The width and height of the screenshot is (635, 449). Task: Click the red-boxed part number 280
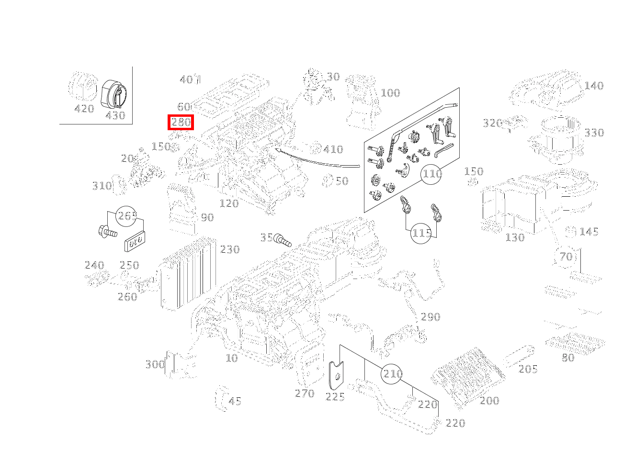pyautogui.click(x=181, y=123)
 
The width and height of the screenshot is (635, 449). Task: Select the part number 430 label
pyautogui.click(x=115, y=115)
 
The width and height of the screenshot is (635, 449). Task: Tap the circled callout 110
pyautogui.click(x=431, y=174)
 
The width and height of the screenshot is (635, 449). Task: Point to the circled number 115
pyautogui.click(x=421, y=233)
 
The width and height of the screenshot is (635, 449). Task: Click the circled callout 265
pyautogui.click(x=127, y=216)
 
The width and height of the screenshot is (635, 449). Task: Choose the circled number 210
pyautogui.click(x=393, y=373)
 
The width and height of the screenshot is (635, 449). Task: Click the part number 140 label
pyautogui.click(x=594, y=86)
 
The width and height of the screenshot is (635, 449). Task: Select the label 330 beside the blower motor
pyautogui.click(x=594, y=133)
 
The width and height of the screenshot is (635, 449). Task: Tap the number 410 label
pyautogui.click(x=333, y=149)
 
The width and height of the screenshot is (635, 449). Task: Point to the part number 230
pyautogui.click(x=229, y=249)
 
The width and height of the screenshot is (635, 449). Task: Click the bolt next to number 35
pyautogui.click(x=283, y=240)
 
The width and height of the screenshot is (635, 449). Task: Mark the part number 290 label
pyautogui.click(x=430, y=317)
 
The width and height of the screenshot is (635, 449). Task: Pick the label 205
pyautogui.click(x=528, y=369)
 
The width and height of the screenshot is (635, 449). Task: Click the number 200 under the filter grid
pyautogui.click(x=489, y=401)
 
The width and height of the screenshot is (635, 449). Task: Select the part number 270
pyautogui.click(x=305, y=393)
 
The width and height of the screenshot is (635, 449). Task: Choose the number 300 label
pyautogui.click(x=155, y=365)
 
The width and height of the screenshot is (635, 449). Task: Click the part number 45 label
pyautogui.click(x=235, y=401)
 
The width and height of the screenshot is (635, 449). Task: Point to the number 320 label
pyautogui.click(x=492, y=123)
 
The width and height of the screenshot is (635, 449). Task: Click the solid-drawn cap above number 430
pyautogui.click(x=113, y=93)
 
